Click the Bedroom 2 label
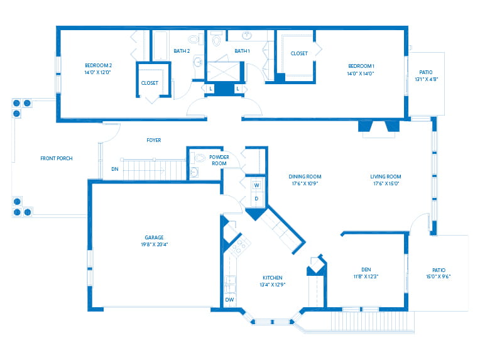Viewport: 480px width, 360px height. (x=98, y=65)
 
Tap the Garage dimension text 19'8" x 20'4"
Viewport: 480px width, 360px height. (x=155, y=244)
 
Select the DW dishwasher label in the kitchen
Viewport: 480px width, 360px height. (x=229, y=300)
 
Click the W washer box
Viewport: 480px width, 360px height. (x=256, y=185)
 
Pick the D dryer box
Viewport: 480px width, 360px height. (x=256, y=199)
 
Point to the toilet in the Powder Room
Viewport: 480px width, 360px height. (x=199, y=158)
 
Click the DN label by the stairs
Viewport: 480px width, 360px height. (x=115, y=169)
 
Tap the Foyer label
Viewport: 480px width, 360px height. (x=154, y=140)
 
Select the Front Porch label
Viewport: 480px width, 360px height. (x=57, y=158)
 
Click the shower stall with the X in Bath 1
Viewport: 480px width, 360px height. (x=224, y=72)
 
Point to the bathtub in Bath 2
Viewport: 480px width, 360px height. (x=160, y=45)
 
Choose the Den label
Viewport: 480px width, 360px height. (x=366, y=270)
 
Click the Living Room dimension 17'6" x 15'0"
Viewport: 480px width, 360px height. (x=386, y=183)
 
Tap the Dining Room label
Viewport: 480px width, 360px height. (x=305, y=177)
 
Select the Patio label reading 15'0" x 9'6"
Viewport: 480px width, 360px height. (x=439, y=276)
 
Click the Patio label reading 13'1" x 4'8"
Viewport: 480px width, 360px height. (x=426, y=79)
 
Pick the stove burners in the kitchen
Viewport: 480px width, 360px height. (x=240, y=246)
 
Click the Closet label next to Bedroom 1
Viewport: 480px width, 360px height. (x=299, y=53)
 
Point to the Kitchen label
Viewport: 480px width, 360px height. (x=273, y=278)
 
